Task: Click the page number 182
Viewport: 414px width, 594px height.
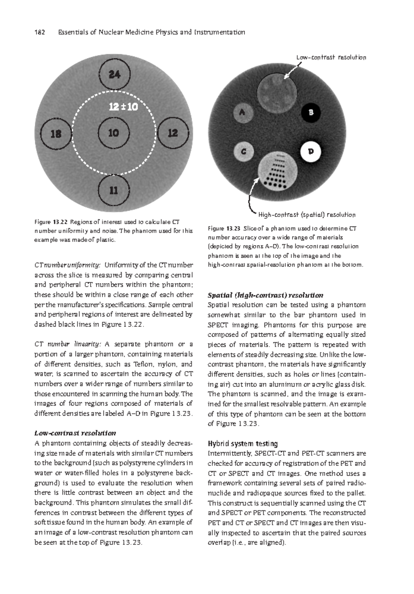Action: [40, 32]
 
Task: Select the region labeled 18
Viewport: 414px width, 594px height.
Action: [56, 133]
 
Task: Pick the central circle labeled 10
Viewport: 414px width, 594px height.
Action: [114, 133]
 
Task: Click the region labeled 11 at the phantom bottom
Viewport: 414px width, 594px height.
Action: [114, 190]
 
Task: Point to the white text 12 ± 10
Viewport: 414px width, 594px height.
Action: [123, 107]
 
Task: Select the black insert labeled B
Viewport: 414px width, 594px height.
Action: [311, 112]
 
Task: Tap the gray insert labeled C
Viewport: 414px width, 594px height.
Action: [244, 151]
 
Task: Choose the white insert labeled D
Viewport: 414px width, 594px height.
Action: [311, 151]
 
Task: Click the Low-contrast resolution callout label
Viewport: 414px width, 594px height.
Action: [331, 57]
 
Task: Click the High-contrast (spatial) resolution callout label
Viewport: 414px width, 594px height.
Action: [307, 215]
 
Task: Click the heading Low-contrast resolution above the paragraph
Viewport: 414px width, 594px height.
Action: [75, 433]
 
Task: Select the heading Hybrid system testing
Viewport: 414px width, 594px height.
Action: [243, 443]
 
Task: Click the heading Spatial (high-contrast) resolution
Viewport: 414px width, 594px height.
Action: [265, 295]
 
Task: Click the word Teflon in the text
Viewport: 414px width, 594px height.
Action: [144, 364]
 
